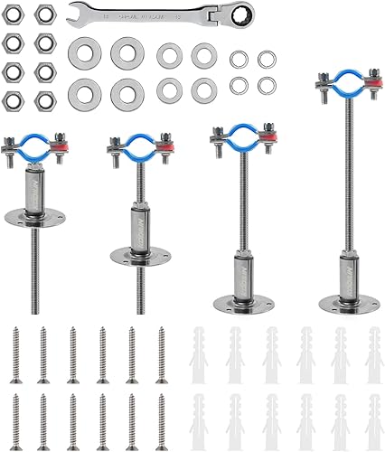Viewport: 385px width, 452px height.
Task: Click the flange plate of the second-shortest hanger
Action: [138, 251]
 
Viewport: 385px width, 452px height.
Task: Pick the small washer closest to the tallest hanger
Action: [267, 85]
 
